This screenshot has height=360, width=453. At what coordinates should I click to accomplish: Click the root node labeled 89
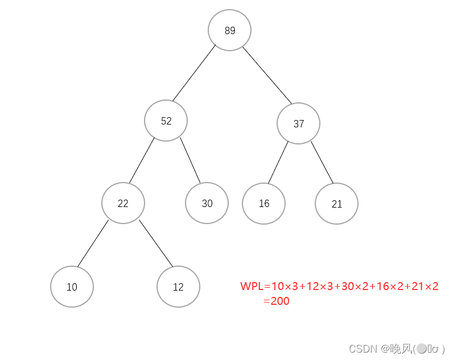coord(229,31)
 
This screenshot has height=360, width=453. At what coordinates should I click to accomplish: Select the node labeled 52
coord(166,121)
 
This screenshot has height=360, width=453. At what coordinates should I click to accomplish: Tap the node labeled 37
coord(299,123)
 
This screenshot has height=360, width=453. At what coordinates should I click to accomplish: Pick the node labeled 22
coord(123,203)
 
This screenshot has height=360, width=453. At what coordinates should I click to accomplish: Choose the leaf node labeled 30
coord(207,203)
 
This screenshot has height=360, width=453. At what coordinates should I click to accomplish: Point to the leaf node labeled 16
coord(263,203)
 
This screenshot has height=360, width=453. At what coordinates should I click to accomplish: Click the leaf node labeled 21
coord(336,204)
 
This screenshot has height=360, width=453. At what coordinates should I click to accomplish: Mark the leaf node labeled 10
coord(72,287)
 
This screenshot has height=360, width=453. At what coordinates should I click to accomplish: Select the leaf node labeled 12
coord(178,287)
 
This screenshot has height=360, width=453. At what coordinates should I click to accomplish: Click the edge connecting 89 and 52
coord(194,73)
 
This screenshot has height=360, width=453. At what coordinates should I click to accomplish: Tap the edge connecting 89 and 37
coord(267,75)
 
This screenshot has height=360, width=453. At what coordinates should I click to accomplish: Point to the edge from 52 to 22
coord(142,160)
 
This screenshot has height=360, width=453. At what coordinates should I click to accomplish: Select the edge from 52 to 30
coord(191,160)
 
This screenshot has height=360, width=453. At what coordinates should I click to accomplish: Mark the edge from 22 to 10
coord(93,243)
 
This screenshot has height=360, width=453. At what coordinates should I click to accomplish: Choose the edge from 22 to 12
coord(155,243)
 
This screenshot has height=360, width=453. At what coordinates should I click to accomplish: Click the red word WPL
coord(252,286)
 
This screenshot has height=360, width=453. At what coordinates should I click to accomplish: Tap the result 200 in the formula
coord(280,301)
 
